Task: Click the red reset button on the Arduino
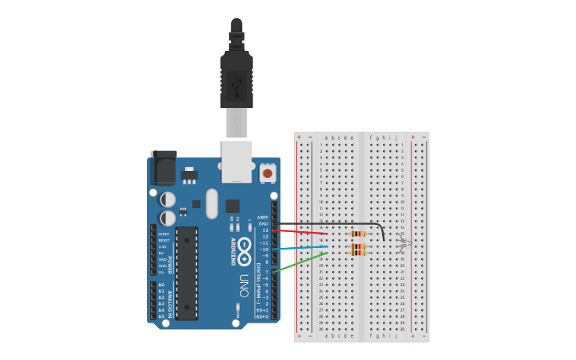click(x=268, y=172)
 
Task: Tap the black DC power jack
click(x=163, y=168)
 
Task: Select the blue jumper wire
click(x=302, y=249)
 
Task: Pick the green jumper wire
click(x=300, y=262)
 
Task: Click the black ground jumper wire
click(x=334, y=224)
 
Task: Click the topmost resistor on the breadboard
click(x=358, y=234)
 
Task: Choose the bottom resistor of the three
click(x=358, y=254)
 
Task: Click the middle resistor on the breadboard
click(x=358, y=247)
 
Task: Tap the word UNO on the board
click(x=244, y=285)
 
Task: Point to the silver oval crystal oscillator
click(x=211, y=203)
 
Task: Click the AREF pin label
click(x=263, y=217)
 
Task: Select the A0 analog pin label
click(x=161, y=285)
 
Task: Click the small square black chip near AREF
click(x=232, y=206)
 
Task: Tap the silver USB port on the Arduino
click(x=237, y=161)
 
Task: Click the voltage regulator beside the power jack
click(x=189, y=173)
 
